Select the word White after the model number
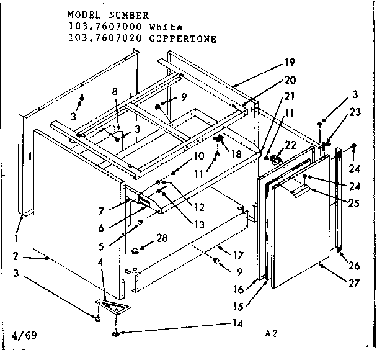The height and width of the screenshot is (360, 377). click(167, 27)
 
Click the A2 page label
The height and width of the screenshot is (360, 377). click(270, 333)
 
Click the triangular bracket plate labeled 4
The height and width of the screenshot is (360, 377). click(112, 305)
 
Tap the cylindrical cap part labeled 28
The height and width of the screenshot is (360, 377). click(135, 251)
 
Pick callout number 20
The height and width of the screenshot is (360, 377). click(290, 79)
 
